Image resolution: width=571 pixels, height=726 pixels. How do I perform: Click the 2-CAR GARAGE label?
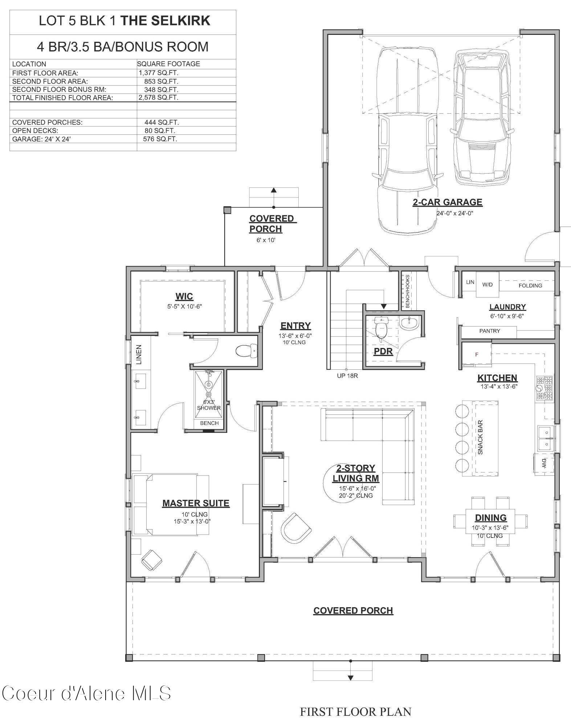[447, 202]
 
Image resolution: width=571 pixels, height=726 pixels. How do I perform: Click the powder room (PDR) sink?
[410, 321]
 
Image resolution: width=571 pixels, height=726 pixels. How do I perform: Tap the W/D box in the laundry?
[488, 284]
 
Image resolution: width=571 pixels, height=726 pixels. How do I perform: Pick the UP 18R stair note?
[347, 376]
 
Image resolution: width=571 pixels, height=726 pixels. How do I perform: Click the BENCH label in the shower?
[209, 423]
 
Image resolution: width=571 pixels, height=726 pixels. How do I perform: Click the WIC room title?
[184, 296]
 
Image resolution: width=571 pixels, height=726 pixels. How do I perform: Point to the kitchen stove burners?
[544, 388]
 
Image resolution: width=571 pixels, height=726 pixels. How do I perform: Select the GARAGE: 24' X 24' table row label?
[41, 139]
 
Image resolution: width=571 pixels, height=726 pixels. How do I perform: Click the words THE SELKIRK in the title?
[165, 21]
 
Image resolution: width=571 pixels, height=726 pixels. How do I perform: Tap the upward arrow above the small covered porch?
[274, 190]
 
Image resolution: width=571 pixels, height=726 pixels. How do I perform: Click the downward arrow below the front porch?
[350, 677]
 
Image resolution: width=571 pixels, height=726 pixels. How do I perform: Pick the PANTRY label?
[489, 331]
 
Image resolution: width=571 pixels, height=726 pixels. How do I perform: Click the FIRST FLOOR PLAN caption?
[355, 712]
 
